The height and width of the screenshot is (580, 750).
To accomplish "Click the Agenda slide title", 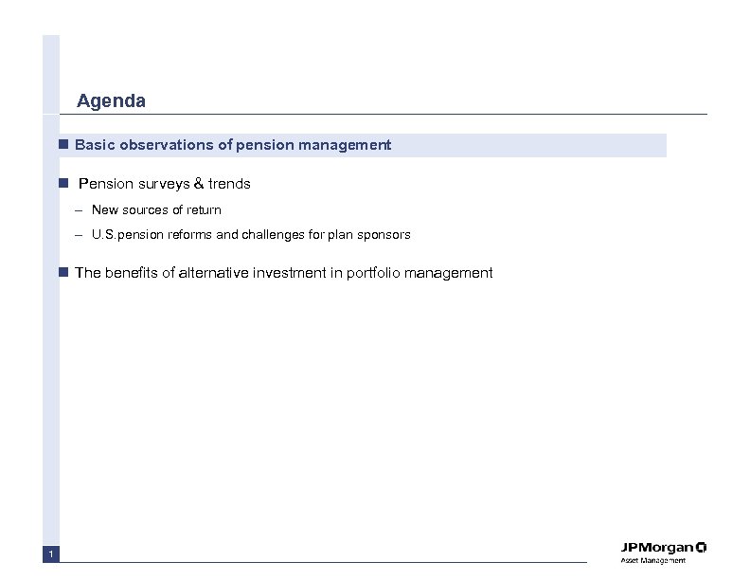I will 111,100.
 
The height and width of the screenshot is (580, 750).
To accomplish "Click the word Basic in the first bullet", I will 93,145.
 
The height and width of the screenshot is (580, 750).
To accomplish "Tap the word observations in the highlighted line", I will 162,145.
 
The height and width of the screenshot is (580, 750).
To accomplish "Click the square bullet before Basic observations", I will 62,145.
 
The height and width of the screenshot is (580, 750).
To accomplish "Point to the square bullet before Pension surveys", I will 62,183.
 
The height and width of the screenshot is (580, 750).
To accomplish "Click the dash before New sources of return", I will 81,209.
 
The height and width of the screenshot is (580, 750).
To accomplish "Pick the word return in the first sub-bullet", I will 204,209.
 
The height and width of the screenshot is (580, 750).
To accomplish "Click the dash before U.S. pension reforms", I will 81,234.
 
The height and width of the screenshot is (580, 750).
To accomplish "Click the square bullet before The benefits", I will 62,273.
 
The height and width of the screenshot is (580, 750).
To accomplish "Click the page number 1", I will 51,554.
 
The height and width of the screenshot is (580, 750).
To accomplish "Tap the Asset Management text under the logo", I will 652,562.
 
